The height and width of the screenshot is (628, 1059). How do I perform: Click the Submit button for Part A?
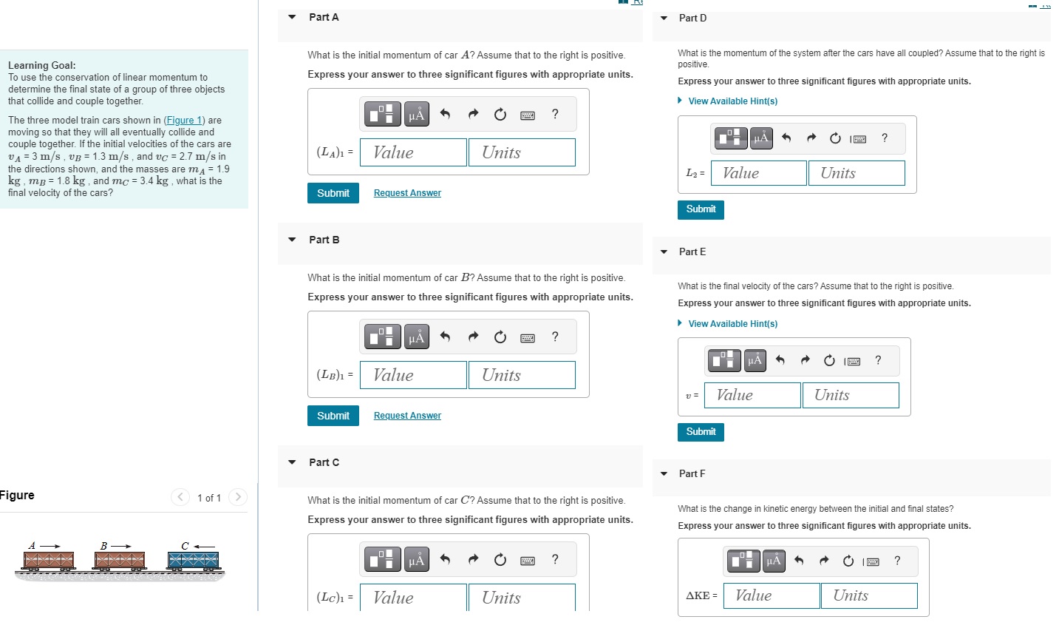pos(333,193)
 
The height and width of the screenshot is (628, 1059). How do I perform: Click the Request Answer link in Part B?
pos(407,416)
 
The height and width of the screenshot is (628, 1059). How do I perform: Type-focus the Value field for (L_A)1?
pos(413,152)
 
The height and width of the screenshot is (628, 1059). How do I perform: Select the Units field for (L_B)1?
pos(522,375)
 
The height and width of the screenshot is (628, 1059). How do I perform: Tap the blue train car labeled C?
pos(193,561)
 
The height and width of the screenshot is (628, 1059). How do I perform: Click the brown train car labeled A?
pos(48,561)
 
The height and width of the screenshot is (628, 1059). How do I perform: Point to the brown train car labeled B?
pos(120,561)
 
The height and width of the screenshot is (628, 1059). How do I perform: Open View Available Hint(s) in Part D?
pos(732,101)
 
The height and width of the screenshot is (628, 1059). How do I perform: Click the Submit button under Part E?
pos(701,432)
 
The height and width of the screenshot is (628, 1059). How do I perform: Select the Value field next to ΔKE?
pos(771,595)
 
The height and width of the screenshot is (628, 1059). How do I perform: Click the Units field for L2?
pos(857,173)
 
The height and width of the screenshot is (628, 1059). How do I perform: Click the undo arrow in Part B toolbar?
pos(445,337)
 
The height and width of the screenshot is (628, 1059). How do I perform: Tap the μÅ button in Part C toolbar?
pos(417,559)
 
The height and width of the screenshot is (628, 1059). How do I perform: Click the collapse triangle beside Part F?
pos(664,473)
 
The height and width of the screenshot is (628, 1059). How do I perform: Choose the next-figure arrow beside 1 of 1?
pos(238,497)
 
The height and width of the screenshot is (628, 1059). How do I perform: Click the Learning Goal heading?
pos(41,65)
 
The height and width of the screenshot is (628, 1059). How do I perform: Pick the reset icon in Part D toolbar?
pos(835,138)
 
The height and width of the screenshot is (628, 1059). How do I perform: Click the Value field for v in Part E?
pos(752,395)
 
